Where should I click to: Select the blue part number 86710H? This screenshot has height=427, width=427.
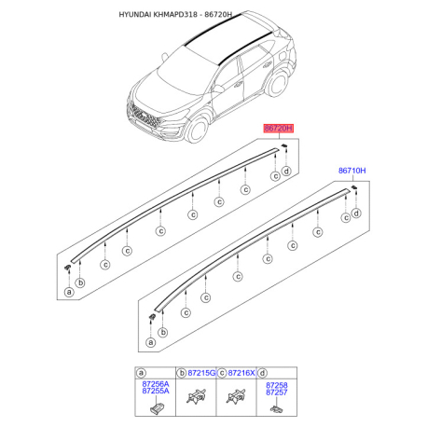pos(351,172)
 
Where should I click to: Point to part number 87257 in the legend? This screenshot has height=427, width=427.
pos(276,393)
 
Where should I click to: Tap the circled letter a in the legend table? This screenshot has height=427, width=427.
pos(141,372)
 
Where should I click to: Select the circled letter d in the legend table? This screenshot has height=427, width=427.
pos(262,372)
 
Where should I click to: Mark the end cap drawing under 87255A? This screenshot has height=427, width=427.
pos(153,408)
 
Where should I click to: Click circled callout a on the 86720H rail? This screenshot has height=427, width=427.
pos(68,292)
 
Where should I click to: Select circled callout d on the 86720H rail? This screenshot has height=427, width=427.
pos(286,171)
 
